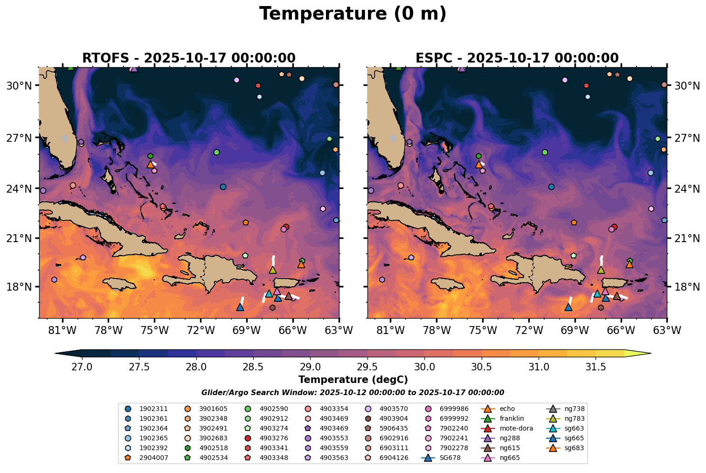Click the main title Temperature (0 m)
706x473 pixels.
coord(353,14)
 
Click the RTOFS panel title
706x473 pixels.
coord(189,58)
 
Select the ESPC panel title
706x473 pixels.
coord(517,58)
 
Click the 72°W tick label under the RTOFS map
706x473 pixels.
coord(201,330)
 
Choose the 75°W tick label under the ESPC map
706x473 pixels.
coord(483,330)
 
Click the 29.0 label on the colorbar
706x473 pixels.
coord(310,367)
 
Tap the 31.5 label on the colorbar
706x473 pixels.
coord(595,367)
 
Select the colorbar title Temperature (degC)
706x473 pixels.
coord(353,380)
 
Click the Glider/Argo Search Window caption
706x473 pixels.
coord(353,393)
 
